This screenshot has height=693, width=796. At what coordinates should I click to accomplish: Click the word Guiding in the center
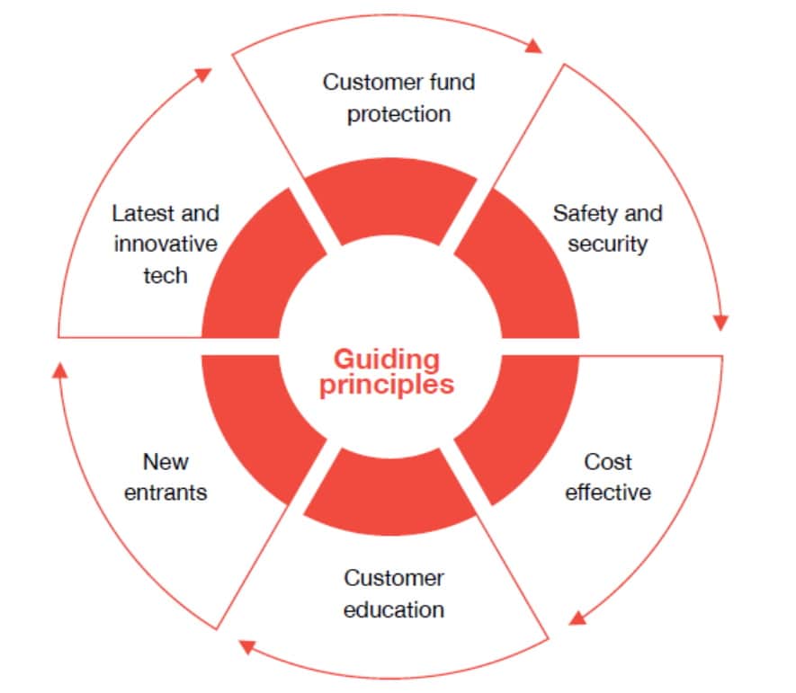point(387,360)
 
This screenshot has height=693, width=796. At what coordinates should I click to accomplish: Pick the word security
point(607,244)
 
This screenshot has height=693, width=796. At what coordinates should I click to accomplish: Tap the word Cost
point(608,462)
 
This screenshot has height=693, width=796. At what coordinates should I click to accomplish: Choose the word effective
point(608,493)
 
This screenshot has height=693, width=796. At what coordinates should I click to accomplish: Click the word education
point(394,609)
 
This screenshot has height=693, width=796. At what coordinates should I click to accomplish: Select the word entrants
point(165,493)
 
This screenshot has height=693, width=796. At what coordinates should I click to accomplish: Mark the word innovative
point(165,244)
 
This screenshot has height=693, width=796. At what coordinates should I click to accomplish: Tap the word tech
point(165,274)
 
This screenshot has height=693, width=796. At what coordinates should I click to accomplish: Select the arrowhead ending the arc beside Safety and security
point(720,322)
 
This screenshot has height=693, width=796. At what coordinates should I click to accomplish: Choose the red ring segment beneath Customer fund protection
point(389,200)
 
